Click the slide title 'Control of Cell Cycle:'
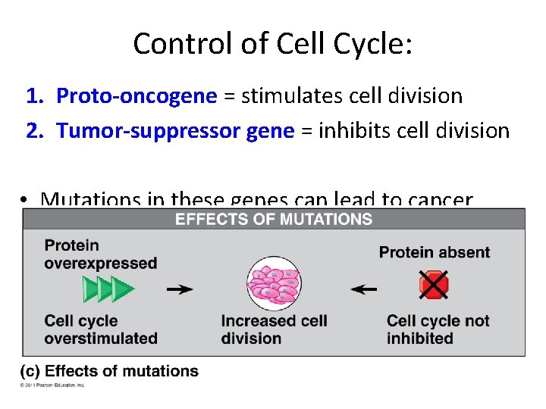point(273,43)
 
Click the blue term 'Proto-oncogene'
point(136,96)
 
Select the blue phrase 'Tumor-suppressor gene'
point(175,131)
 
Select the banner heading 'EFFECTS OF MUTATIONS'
point(274,220)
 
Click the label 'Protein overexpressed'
point(100,254)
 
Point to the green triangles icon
point(108,289)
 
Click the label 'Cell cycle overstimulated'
point(100,329)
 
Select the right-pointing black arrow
point(180,289)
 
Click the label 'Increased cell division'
point(274,329)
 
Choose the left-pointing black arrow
point(366,289)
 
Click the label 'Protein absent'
point(434,252)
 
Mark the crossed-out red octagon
point(433,286)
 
